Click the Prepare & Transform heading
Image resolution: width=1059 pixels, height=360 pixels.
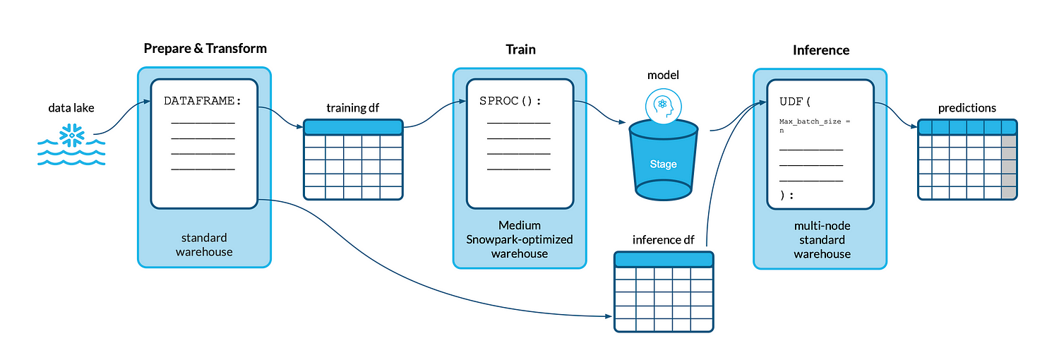coord(205,49)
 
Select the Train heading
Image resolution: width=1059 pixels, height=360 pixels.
coord(520,49)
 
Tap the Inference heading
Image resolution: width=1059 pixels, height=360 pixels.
coord(820,50)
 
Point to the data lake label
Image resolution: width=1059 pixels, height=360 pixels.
coord(71,108)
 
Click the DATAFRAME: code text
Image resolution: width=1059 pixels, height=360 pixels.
coord(203,101)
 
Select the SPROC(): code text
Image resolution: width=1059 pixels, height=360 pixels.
coord(510,101)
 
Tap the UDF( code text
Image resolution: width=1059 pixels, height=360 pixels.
coord(795,102)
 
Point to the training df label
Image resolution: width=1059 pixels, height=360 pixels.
coord(353,108)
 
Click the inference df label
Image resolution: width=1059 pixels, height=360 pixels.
coord(664,240)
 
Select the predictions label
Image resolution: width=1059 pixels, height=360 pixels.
coord(967,108)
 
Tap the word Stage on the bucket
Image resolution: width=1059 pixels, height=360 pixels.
coord(664,164)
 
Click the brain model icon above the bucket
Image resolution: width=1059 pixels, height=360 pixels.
coord(664,107)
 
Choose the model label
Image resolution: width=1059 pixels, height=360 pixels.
coord(663,75)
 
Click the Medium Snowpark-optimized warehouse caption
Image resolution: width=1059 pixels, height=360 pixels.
coord(520,239)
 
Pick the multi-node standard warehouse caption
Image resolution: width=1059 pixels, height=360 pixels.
coord(822,240)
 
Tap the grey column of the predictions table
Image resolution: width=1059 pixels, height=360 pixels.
coord(1009,167)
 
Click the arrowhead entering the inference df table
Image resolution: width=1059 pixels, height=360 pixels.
coord(609,316)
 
